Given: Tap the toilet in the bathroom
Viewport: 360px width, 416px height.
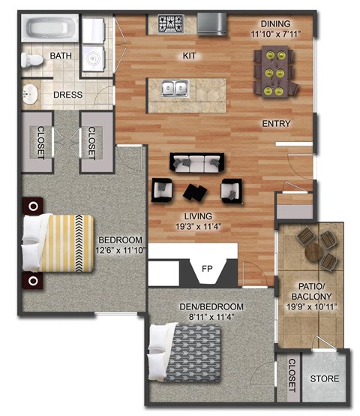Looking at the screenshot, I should [31, 58].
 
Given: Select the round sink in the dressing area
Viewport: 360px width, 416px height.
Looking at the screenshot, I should [31, 95].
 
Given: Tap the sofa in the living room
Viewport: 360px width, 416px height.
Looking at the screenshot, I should [197, 161].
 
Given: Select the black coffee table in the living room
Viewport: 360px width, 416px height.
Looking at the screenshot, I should [198, 191].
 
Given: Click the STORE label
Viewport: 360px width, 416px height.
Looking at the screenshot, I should [324, 378].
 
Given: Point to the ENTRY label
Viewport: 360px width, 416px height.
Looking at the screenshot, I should [276, 123].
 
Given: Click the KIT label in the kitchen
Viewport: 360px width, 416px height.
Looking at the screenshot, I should [189, 56].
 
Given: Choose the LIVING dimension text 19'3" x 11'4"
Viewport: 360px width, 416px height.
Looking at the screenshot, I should [193, 225].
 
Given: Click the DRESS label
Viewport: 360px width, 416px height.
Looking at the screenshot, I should [67, 95].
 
